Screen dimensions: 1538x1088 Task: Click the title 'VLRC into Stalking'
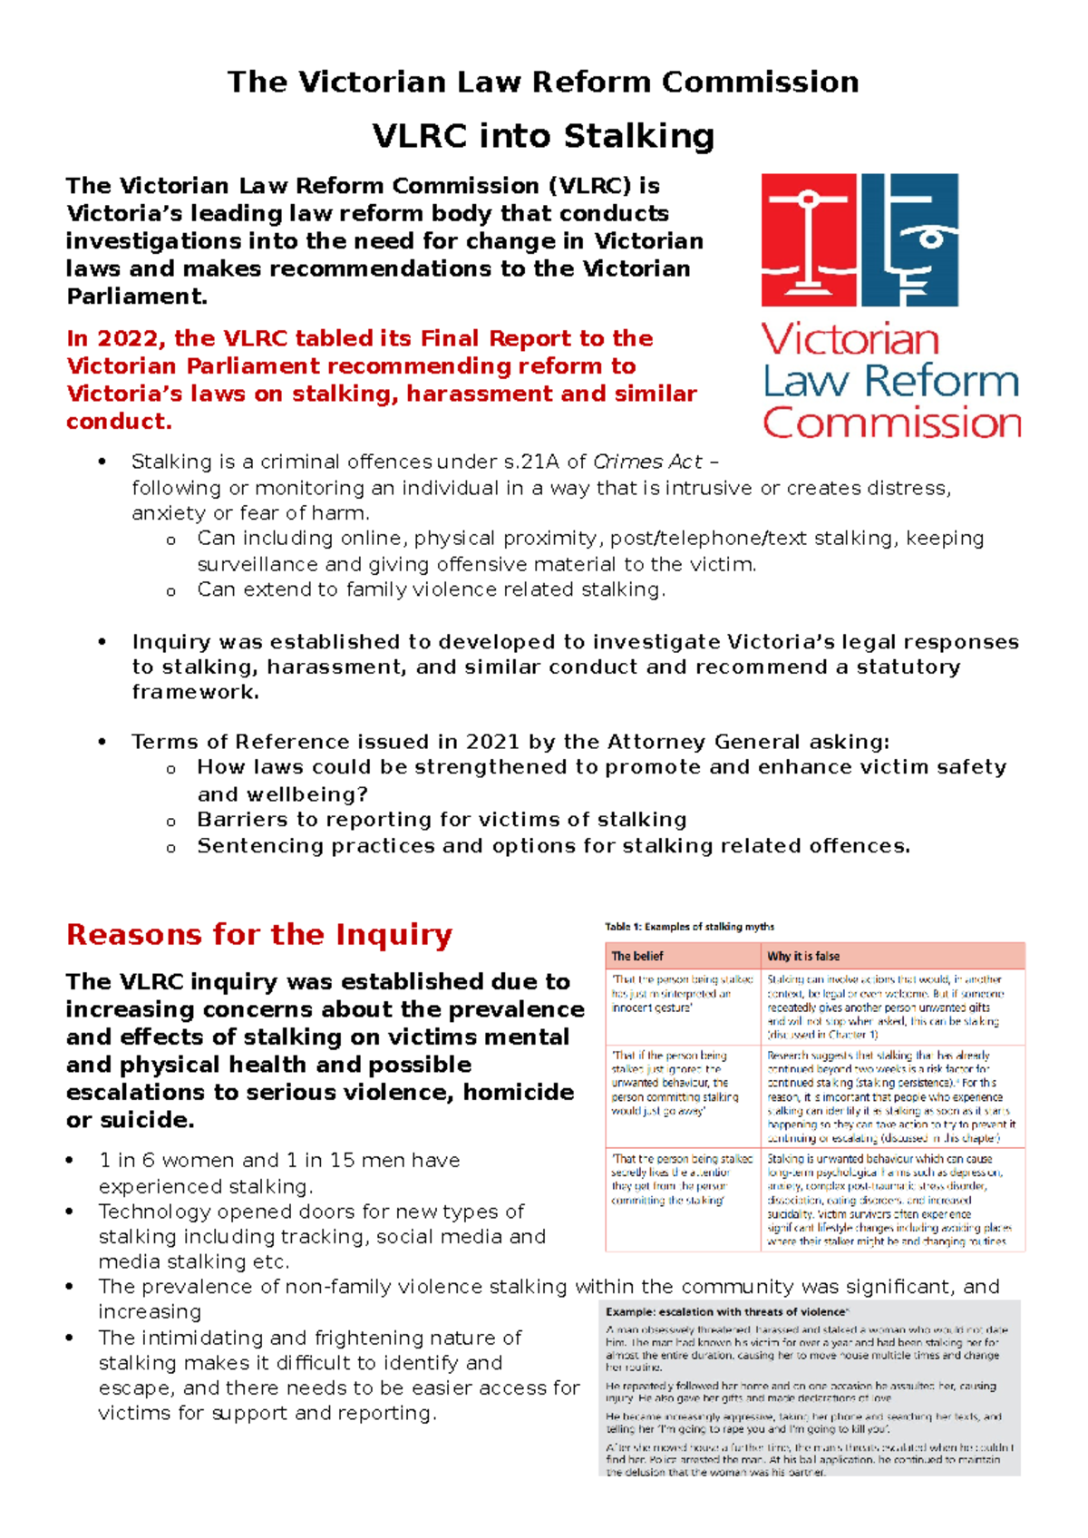click(543, 136)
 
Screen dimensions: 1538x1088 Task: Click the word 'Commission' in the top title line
click(760, 82)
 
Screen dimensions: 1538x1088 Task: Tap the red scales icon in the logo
click(808, 240)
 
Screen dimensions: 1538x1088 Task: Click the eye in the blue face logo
click(929, 240)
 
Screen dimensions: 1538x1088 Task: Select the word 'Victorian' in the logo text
click(850, 340)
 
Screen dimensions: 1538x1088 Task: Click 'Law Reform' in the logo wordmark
click(891, 382)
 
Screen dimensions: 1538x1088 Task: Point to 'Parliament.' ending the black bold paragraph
click(137, 297)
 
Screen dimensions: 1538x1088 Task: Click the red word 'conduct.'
click(119, 422)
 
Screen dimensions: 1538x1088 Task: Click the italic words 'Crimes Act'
click(647, 462)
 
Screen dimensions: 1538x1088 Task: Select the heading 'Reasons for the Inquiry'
click(258, 934)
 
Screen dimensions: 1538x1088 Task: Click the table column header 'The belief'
click(637, 956)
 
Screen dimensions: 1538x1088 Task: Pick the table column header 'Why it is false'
click(803, 956)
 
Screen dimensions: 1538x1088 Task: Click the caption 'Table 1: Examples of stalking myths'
click(689, 927)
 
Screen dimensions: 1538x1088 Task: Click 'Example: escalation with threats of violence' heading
click(726, 1311)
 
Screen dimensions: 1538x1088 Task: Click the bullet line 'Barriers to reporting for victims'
click(442, 820)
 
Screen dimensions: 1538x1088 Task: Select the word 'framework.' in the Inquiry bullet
click(195, 692)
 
